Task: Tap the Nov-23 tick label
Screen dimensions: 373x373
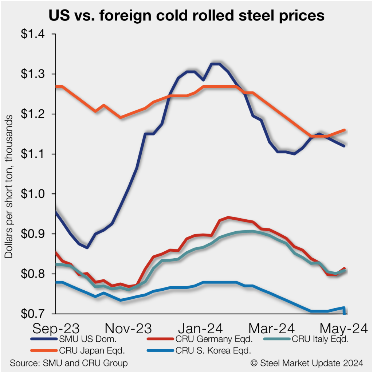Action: click(x=128, y=328)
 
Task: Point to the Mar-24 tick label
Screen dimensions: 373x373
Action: click(x=272, y=328)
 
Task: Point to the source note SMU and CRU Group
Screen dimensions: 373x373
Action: click(x=69, y=363)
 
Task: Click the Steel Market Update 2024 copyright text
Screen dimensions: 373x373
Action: click(x=307, y=363)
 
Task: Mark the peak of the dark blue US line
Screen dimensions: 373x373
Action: click(x=215, y=64)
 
